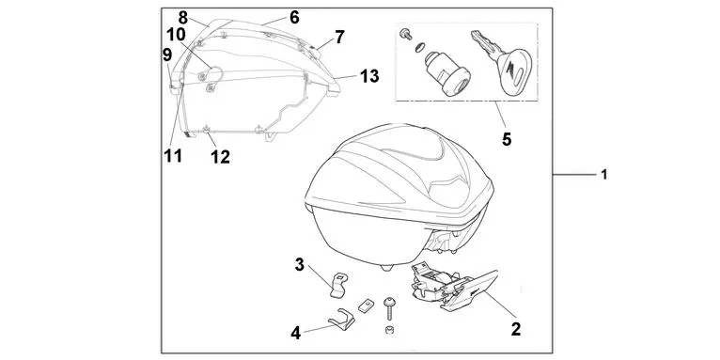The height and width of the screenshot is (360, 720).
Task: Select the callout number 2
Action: (515, 330)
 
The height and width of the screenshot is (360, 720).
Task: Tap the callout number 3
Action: (299, 264)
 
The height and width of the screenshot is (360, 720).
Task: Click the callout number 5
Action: (507, 139)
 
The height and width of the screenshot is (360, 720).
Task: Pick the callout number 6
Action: (294, 18)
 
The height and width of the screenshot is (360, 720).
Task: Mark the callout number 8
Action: (182, 17)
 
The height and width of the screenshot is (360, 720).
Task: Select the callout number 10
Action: (177, 35)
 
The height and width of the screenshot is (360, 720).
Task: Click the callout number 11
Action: (172, 156)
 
